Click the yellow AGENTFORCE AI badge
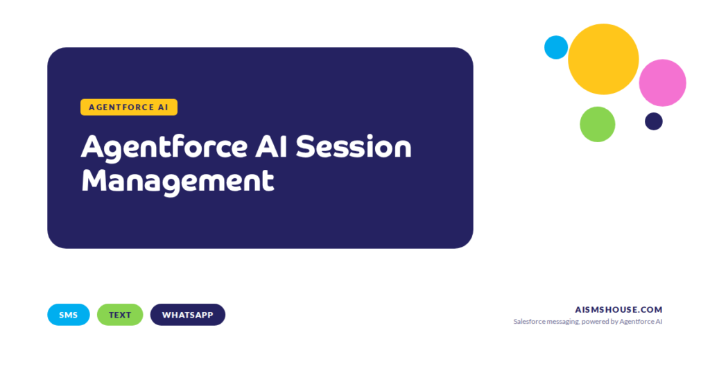(x=129, y=107)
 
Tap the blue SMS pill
(x=69, y=315)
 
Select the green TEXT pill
(x=120, y=315)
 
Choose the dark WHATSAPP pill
(x=188, y=315)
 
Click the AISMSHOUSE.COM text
(x=618, y=310)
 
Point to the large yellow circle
(x=603, y=59)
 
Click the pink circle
(x=662, y=83)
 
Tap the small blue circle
(x=556, y=47)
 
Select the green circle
(x=597, y=124)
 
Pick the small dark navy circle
(x=654, y=121)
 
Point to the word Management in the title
(x=177, y=180)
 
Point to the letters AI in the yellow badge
(x=164, y=107)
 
